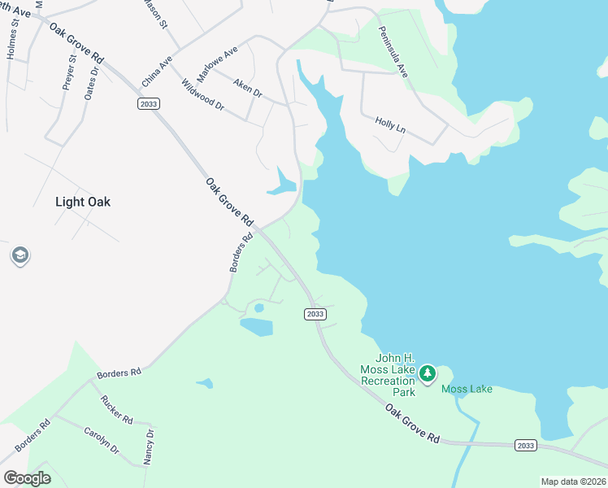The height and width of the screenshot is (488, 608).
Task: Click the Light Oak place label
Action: pos(82,202)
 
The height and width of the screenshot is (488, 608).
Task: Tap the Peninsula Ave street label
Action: pos(393,51)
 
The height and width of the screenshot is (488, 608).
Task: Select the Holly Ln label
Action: pos(390,124)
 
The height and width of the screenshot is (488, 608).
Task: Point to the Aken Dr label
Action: pos(247,89)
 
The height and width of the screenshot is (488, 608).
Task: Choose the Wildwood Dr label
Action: pos(202,94)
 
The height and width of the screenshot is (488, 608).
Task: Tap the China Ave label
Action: pos(158,72)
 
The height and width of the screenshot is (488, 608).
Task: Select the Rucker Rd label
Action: pos(116,409)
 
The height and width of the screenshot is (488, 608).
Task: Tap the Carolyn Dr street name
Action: pos(102,438)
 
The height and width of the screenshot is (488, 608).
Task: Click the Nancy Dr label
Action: pos(149,447)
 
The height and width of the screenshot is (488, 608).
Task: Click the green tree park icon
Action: pos(427,374)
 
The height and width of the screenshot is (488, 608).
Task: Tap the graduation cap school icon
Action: pos(20,256)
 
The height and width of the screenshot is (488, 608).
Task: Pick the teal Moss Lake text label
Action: pos(467,389)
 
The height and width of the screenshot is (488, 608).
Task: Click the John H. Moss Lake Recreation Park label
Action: pos(395,375)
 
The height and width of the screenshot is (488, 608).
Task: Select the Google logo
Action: pos(27,478)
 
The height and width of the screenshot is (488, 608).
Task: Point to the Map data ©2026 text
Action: pos(573,481)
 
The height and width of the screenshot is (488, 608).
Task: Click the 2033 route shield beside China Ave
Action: pos(148,103)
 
